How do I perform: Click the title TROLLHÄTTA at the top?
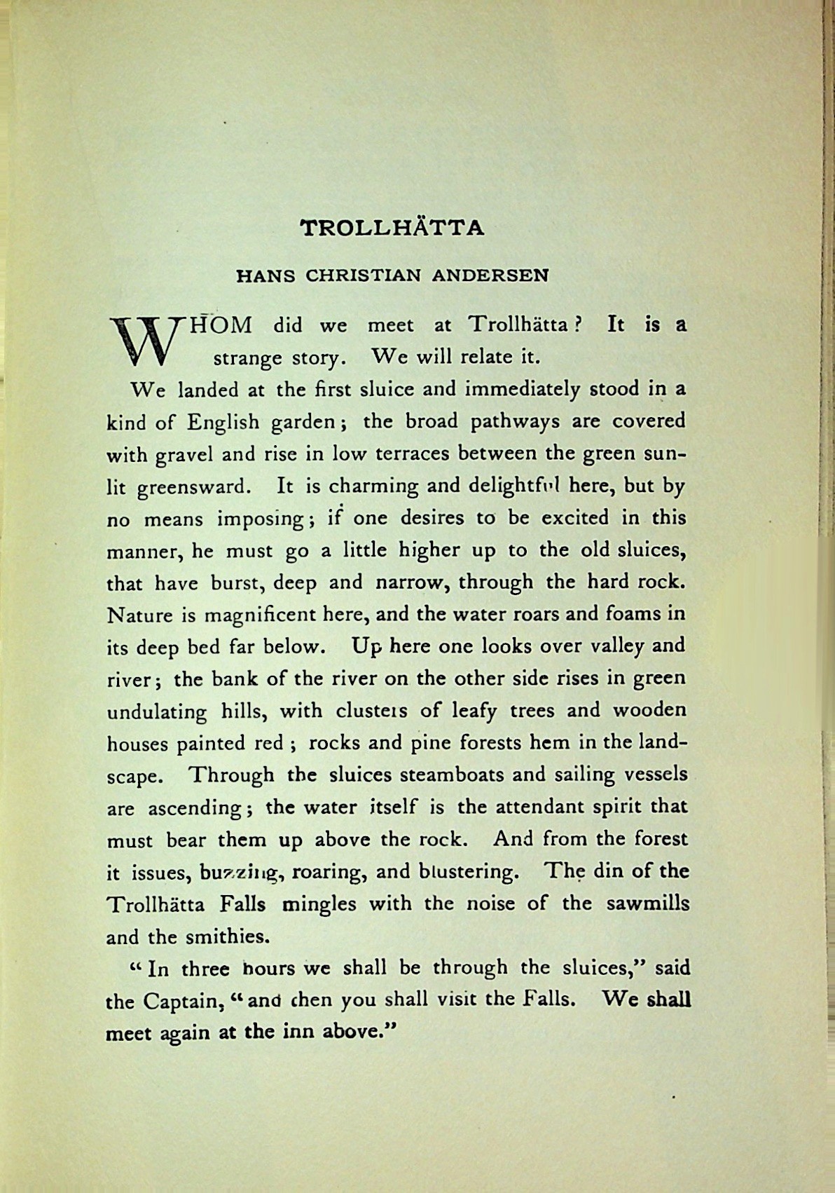(x=392, y=229)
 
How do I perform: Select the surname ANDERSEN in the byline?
(x=490, y=275)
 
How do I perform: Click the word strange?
(x=247, y=358)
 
